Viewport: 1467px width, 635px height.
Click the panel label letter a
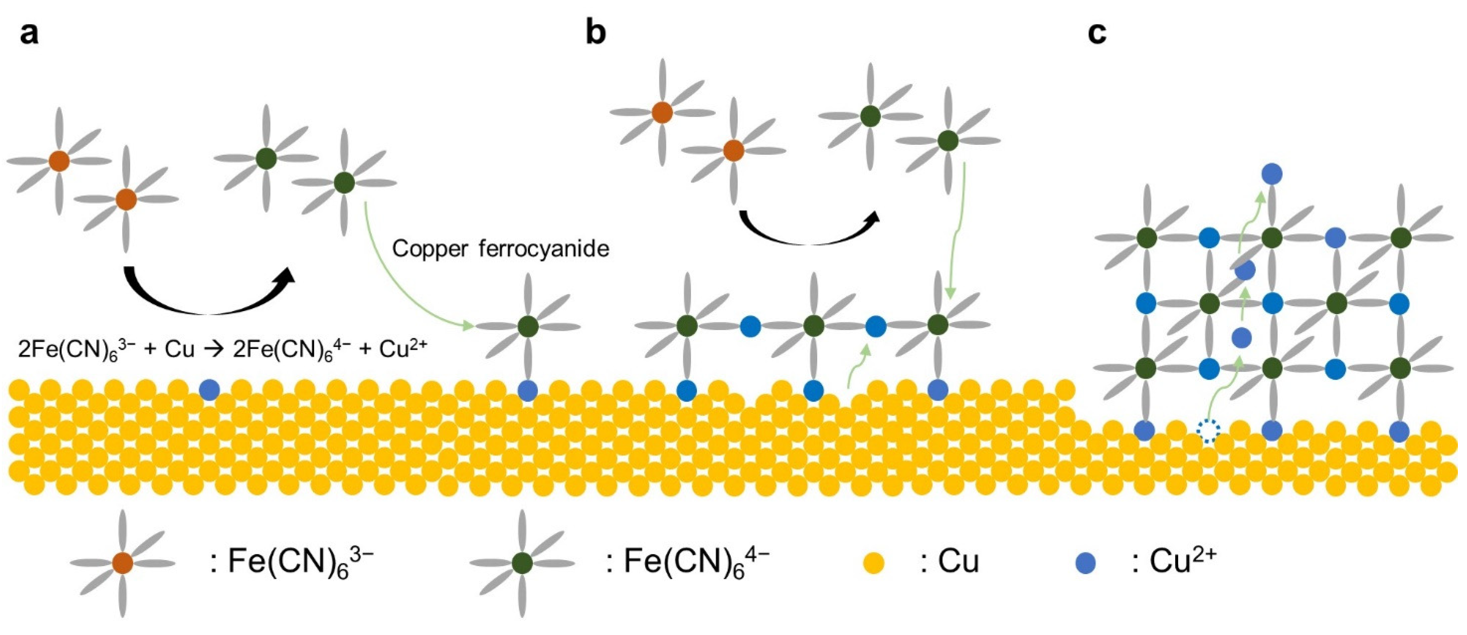click(x=29, y=34)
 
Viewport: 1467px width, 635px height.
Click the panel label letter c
click(x=1097, y=34)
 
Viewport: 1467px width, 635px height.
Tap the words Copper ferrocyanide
click(x=501, y=249)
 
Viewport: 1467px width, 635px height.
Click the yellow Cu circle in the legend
click(x=874, y=563)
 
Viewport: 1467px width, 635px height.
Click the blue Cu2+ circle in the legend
click(x=1086, y=563)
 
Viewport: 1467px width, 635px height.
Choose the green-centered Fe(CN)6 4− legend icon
click(x=522, y=563)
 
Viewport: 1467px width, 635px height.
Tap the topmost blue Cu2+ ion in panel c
click(x=1272, y=174)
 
